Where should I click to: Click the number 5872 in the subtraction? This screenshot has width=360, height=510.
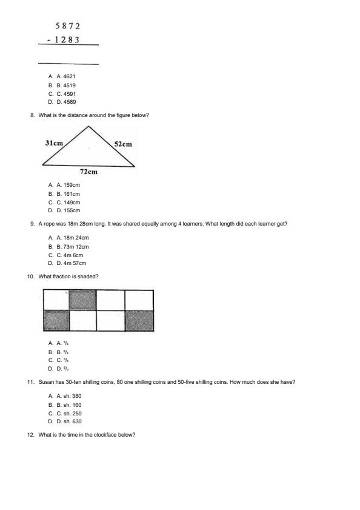pyautogui.click(x=67, y=26)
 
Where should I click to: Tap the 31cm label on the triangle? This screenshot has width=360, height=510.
pyautogui.click(x=54, y=143)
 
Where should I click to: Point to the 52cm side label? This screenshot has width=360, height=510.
pyautogui.click(x=122, y=144)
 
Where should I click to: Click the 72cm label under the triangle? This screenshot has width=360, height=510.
pyautogui.click(x=88, y=172)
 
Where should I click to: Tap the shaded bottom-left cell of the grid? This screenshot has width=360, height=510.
pyautogui.click(x=56, y=320)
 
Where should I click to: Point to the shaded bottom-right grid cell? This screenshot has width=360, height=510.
pyautogui.click(x=139, y=320)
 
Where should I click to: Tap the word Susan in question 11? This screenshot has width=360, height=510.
pyautogui.click(x=45, y=382)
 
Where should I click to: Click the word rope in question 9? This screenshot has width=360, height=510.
pyautogui.click(x=49, y=224)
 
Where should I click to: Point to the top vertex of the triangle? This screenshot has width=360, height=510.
pyautogui.click(x=88, y=126)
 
